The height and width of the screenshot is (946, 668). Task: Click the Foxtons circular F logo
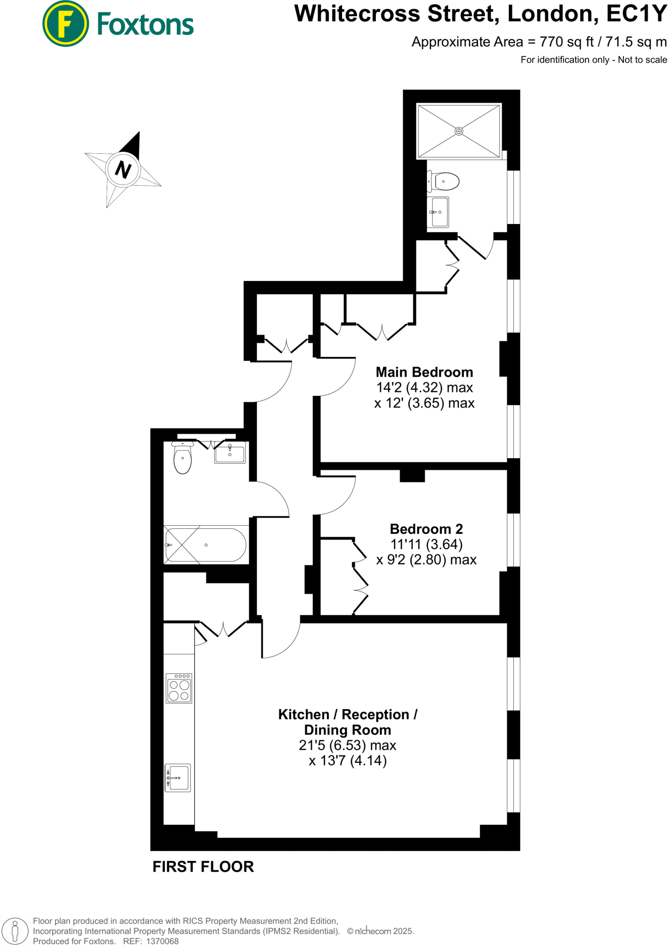pyautogui.click(x=66, y=24)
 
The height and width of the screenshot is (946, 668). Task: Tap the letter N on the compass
pyautogui.click(x=123, y=170)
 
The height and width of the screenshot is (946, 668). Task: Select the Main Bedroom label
pyautogui.click(x=424, y=372)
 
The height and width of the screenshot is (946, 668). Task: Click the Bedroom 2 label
pyautogui.click(x=426, y=528)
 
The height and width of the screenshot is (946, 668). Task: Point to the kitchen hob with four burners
pyautogui.click(x=179, y=688)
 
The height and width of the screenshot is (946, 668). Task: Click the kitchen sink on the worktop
pyautogui.click(x=178, y=778)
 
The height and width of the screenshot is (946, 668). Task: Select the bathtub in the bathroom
pyautogui.click(x=206, y=545)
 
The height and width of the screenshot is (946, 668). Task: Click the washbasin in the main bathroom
pyautogui.click(x=230, y=453)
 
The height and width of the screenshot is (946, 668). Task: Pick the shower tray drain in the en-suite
pyautogui.click(x=459, y=131)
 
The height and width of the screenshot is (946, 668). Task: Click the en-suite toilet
pyautogui.click(x=444, y=182)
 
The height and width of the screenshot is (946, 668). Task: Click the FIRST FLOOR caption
pyautogui.click(x=203, y=867)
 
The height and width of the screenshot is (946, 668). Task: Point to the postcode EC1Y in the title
pyautogui.click(x=636, y=14)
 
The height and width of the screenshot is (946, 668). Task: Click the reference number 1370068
pyautogui.click(x=162, y=941)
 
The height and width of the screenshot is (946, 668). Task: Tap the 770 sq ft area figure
pyautogui.click(x=566, y=42)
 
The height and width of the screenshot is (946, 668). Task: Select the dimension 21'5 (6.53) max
pyautogui.click(x=347, y=745)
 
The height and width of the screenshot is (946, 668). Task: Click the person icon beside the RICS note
pyautogui.click(x=15, y=931)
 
